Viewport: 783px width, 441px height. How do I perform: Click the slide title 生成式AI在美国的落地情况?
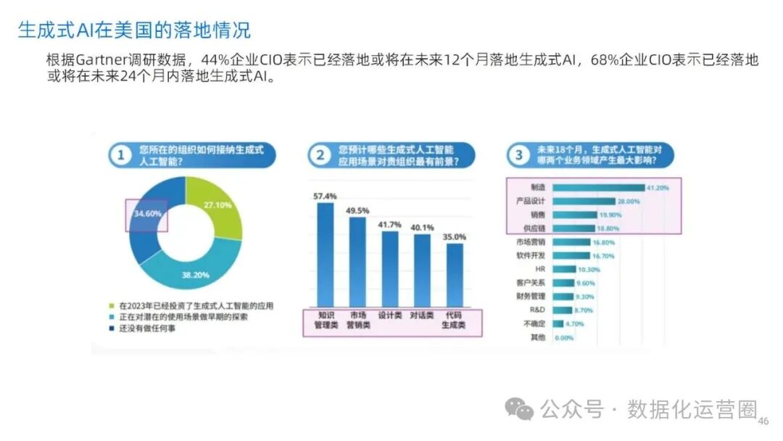click(x=134, y=30)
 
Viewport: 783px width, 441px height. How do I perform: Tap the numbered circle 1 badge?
click(x=120, y=154)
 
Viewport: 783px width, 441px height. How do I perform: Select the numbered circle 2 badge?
click(x=320, y=154)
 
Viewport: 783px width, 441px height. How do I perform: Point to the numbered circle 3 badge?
click(x=518, y=154)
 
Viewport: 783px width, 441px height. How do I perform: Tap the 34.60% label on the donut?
click(x=147, y=214)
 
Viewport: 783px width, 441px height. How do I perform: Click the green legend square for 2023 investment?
click(x=112, y=306)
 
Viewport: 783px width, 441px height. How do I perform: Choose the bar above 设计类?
click(x=390, y=268)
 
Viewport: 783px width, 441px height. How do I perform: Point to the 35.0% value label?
click(x=455, y=237)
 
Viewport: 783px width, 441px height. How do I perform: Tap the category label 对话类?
click(x=422, y=317)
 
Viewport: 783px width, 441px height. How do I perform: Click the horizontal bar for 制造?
click(x=598, y=187)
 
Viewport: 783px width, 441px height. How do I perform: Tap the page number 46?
click(x=763, y=421)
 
